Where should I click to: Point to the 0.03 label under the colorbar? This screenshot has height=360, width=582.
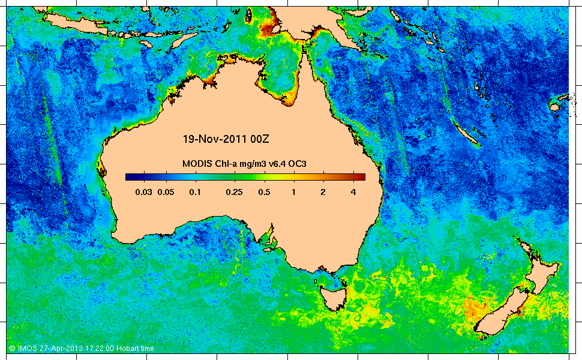click(143, 192)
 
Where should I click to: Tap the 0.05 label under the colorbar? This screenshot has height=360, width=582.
click(165, 192)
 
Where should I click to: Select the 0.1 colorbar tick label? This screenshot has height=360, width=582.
click(194, 192)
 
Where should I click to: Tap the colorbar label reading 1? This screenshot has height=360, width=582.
click(293, 192)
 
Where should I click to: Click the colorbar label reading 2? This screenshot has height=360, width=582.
click(323, 192)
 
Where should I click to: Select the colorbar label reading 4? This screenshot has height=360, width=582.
click(353, 192)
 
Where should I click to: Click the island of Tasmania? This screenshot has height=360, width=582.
click(331, 298)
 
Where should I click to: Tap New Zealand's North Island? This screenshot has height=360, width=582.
click(539, 267)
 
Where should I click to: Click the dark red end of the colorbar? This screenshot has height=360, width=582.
click(361, 176)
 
